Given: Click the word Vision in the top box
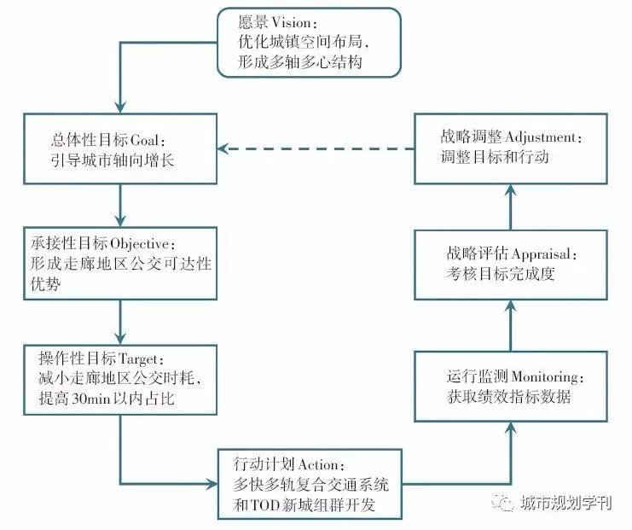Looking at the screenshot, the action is [x=290, y=22].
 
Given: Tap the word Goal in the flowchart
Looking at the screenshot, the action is [x=145, y=140].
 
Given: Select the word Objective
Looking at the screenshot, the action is [x=140, y=243].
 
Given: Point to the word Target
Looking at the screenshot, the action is [x=137, y=358].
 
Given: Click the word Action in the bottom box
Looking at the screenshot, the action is [x=318, y=464].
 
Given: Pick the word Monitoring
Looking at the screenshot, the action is [x=545, y=376].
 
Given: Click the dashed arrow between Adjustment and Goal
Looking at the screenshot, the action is [x=316, y=149].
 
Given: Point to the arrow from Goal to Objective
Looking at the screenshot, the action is [x=120, y=206].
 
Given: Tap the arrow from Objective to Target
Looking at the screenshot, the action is [x=120, y=322].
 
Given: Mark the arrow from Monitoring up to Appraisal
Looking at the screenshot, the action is [x=511, y=326].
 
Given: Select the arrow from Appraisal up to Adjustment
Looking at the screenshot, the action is [x=511, y=207].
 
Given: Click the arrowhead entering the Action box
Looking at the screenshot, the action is [x=212, y=484].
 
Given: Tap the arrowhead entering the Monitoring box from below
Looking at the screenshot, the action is [x=511, y=428].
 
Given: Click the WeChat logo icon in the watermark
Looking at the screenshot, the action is [x=502, y=502].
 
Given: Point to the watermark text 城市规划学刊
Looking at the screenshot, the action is [x=565, y=503].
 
